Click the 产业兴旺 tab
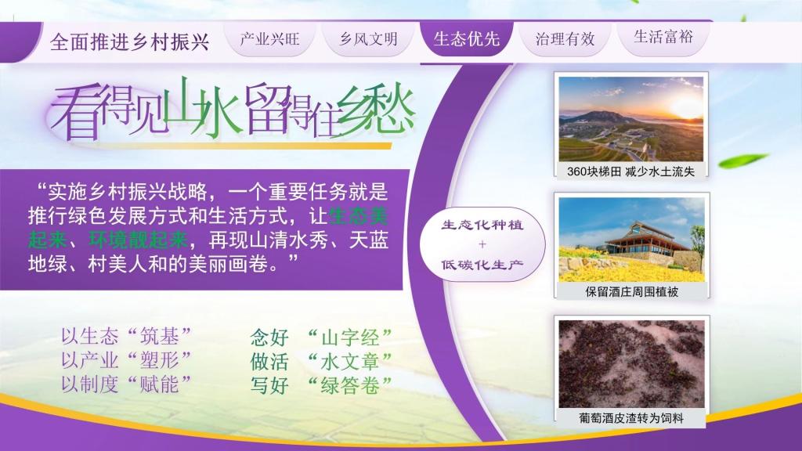click(x=269, y=39)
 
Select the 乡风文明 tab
click(x=368, y=39)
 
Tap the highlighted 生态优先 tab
click(x=467, y=39)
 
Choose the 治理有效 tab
click(x=565, y=39)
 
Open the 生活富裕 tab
click(x=663, y=37)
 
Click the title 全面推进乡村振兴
click(x=130, y=41)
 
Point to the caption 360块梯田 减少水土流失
click(x=630, y=171)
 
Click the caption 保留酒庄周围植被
click(x=632, y=292)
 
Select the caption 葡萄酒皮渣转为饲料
click(x=631, y=418)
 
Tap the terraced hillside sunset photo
click(x=631, y=119)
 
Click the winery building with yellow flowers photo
click(x=632, y=240)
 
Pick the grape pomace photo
click(x=632, y=364)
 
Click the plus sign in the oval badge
click(x=482, y=244)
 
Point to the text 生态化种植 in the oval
click(x=482, y=225)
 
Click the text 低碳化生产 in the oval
click(x=482, y=265)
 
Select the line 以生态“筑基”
click(x=126, y=337)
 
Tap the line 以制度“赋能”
click(x=126, y=384)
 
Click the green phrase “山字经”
click(x=350, y=337)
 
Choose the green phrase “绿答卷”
click(x=350, y=385)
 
